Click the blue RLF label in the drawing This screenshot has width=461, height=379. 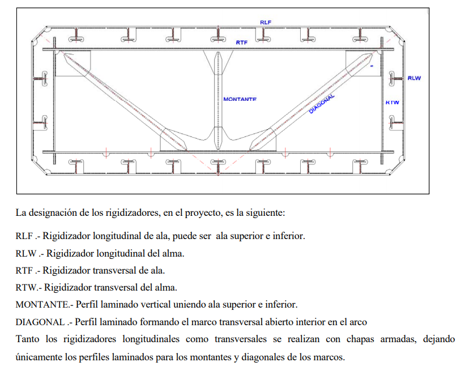click(x=266, y=22)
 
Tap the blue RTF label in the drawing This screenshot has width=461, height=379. click(x=242, y=42)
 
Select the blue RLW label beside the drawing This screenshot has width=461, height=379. click(x=414, y=78)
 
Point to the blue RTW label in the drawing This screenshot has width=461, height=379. click(x=392, y=103)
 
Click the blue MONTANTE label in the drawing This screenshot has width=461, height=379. click(x=240, y=99)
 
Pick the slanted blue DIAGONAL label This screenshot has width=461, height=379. click(x=322, y=104)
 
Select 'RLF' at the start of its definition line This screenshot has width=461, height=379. click(x=24, y=236)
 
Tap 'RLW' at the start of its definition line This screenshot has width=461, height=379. click(x=26, y=253)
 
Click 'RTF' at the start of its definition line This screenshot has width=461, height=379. click(x=24, y=270)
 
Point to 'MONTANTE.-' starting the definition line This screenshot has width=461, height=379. click(x=44, y=305)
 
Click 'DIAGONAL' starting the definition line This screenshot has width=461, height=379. click(x=40, y=322)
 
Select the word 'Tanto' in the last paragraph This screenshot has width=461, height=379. click(x=27, y=339)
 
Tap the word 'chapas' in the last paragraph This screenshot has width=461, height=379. click(x=360, y=339)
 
